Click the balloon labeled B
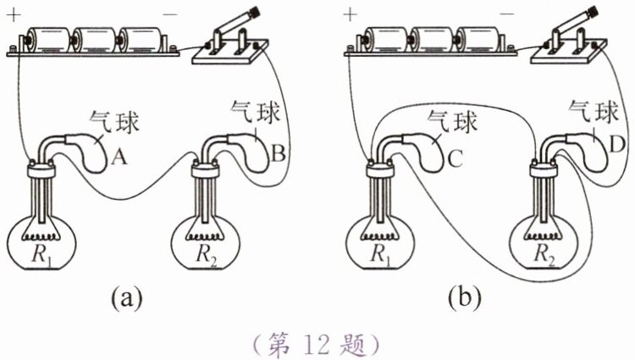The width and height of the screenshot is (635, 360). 259,149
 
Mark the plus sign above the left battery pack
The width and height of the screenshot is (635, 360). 15,14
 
